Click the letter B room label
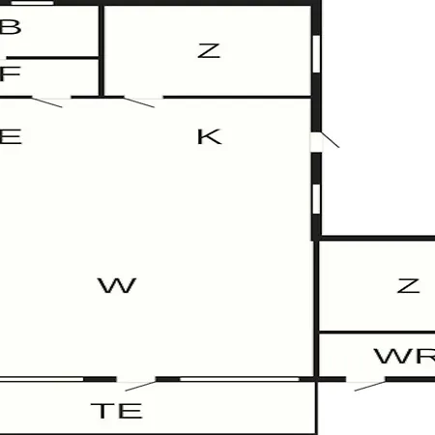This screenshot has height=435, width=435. (11, 27)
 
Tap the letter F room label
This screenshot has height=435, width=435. (10, 73)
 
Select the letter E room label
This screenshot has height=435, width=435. (11, 136)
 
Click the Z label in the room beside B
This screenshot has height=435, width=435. (209, 51)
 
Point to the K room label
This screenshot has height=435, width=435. (210, 136)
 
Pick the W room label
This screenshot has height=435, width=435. (117, 285)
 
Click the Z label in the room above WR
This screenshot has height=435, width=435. (408, 286)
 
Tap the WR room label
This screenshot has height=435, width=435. (405, 356)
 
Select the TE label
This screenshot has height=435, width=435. (116, 411)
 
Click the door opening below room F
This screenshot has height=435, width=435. (51, 99)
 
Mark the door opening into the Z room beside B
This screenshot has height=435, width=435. (143, 99)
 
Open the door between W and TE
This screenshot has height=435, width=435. (136, 380)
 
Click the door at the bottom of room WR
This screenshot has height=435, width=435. (365, 380)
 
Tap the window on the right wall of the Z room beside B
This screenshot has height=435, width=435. (316, 54)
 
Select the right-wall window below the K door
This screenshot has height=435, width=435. (316, 199)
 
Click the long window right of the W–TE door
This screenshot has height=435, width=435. (240, 379)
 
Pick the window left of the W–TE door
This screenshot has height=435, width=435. (42, 379)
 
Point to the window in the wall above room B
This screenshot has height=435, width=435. (32, 3)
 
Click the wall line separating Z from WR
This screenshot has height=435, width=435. (377, 333)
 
